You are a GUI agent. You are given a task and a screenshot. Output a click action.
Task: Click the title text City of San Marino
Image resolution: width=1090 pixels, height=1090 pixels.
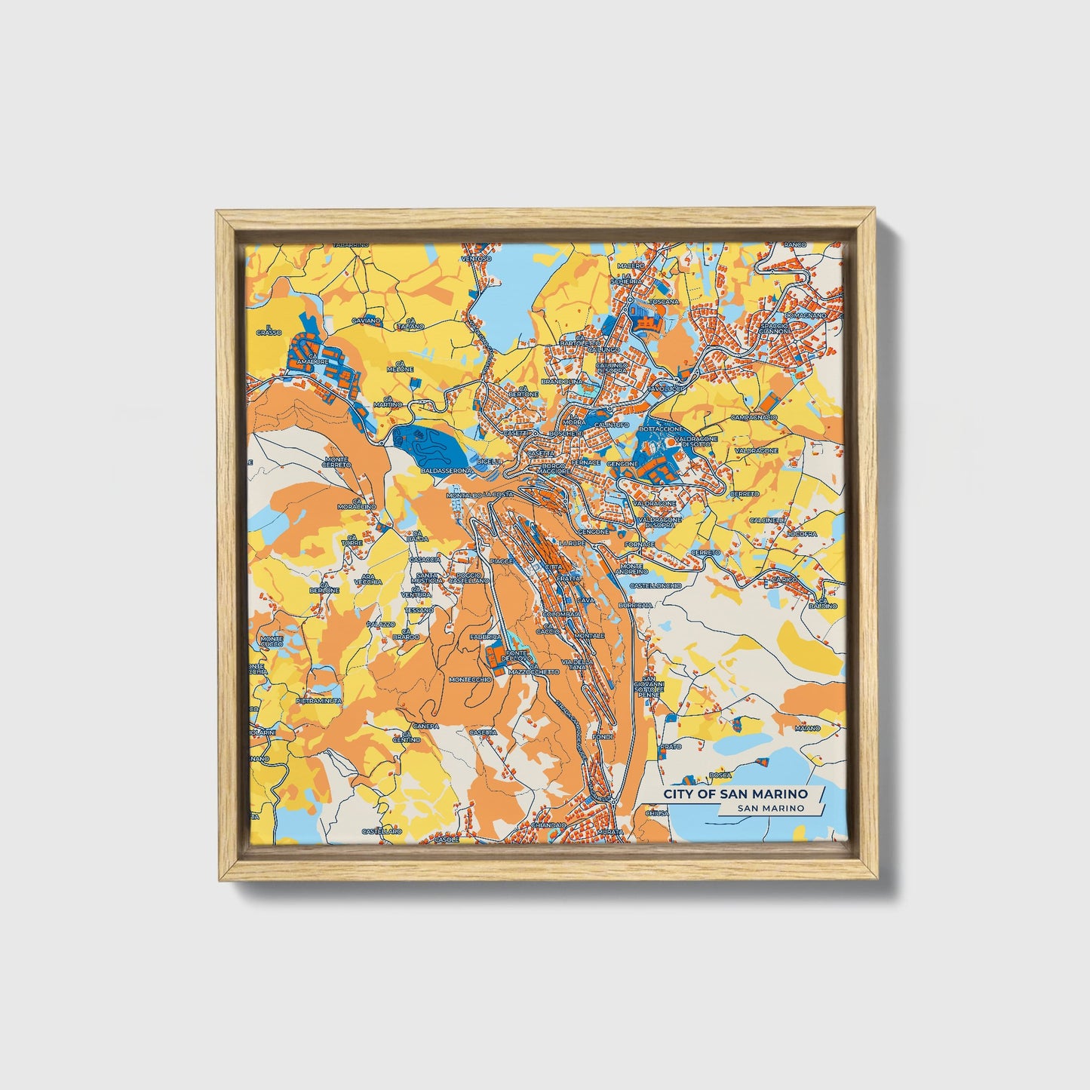(735, 794)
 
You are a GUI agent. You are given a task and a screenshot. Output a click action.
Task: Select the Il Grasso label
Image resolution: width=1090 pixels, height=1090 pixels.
(269, 330)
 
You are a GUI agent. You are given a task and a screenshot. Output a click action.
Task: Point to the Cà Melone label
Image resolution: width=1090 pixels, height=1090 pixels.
(400, 367)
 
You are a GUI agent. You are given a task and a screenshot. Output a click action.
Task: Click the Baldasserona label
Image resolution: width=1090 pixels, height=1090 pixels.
(446, 471)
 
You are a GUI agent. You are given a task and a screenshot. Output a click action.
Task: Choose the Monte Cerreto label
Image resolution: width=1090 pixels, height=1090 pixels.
(336, 462)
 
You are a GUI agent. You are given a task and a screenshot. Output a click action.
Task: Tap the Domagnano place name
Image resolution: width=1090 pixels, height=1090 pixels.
(805, 315)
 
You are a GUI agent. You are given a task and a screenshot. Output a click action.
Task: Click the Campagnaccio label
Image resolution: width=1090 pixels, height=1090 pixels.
(753, 417)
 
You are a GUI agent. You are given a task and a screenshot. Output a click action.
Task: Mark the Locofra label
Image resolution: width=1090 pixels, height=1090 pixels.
(801, 533)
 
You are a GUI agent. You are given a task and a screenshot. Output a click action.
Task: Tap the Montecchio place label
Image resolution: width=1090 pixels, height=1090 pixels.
(470, 679)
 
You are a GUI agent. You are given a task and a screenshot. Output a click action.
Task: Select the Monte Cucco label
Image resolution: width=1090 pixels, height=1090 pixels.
(272, 641)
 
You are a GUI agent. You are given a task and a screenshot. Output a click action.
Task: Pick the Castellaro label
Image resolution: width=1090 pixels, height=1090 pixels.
(382, 831)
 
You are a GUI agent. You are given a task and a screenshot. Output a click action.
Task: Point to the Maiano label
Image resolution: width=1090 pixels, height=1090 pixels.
(806, 729)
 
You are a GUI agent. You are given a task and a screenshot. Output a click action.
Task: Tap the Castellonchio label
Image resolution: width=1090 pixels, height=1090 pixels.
(655, 585)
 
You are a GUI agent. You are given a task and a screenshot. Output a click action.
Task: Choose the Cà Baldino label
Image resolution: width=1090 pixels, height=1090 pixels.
(823, 603)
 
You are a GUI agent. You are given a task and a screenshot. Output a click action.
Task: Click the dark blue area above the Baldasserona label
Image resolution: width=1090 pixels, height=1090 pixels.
(422, 445)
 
